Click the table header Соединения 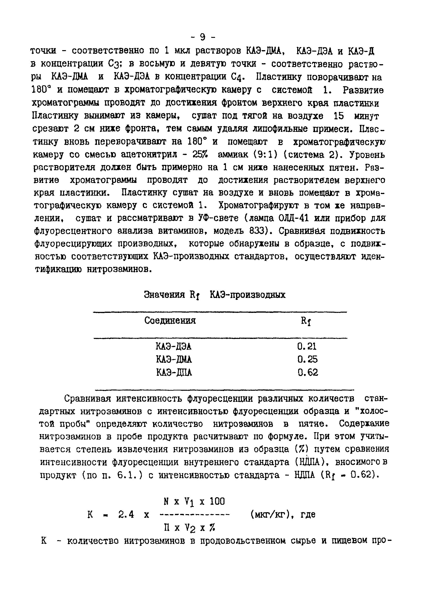coord(170,320)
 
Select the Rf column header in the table coord(306,321)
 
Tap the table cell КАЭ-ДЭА coord(174,346)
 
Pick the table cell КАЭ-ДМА coord(174,359)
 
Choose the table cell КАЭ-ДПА coord(174,372)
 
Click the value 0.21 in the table coord(307,346)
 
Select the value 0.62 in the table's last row coord(308,372)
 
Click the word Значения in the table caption coord(164,295)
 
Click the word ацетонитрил coord(149,155)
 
